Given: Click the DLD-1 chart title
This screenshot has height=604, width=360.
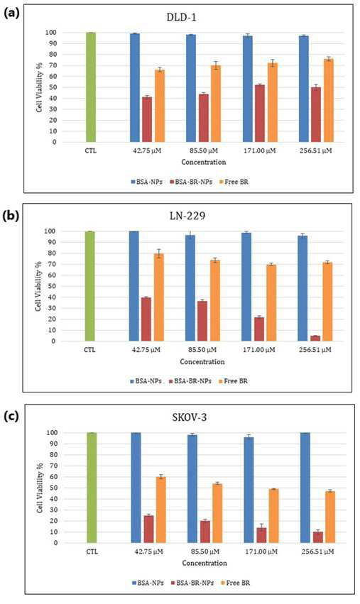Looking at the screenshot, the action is click(x=181, y=17).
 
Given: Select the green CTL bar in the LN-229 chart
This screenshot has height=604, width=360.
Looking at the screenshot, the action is click(x=89, y=286).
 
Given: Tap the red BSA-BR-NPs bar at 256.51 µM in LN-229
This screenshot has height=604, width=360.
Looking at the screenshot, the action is click(x=315, y=339).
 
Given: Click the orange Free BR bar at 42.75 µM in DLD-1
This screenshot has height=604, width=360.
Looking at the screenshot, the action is click(x=160, y=106).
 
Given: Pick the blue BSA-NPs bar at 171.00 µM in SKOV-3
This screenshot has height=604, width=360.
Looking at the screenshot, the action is click(x=249, y=490).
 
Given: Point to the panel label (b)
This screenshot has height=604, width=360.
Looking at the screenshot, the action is click(x=11, y=216).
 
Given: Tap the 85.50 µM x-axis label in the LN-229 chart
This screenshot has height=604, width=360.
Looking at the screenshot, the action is click(x=202, y=350).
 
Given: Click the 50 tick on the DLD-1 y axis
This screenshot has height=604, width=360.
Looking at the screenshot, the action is click(x=53, y=87).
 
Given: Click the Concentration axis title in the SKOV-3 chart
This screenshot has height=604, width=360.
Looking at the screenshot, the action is click(x=204, y=563).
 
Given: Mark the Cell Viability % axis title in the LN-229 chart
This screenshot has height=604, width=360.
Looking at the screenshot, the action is click(x=39, y=285).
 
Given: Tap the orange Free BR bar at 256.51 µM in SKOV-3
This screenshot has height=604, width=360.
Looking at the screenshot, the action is click(x=329, y=517).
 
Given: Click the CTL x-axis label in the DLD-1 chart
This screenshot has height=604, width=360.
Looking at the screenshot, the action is click(x=91, y=150).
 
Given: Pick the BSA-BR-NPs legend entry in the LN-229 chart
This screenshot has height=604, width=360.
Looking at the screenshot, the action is click(x=190, y=381).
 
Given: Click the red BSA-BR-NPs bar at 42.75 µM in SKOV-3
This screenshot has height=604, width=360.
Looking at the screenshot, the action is click(x=148, y=529).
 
